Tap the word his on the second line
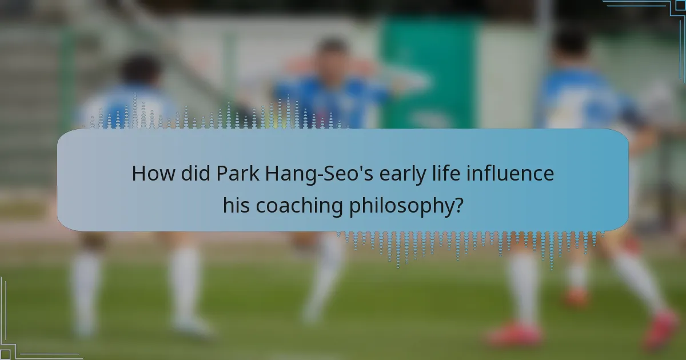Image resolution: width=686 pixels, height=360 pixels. pyautogui.click(x=236, y=206)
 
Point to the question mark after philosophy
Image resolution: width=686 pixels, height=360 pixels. pyautogui.click(x=458, y=206)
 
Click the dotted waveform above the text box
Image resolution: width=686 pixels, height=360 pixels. pyautogui.click(x=223, y=117)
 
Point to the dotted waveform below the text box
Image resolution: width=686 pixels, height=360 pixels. pyautogui.click(x=469, y=243)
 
